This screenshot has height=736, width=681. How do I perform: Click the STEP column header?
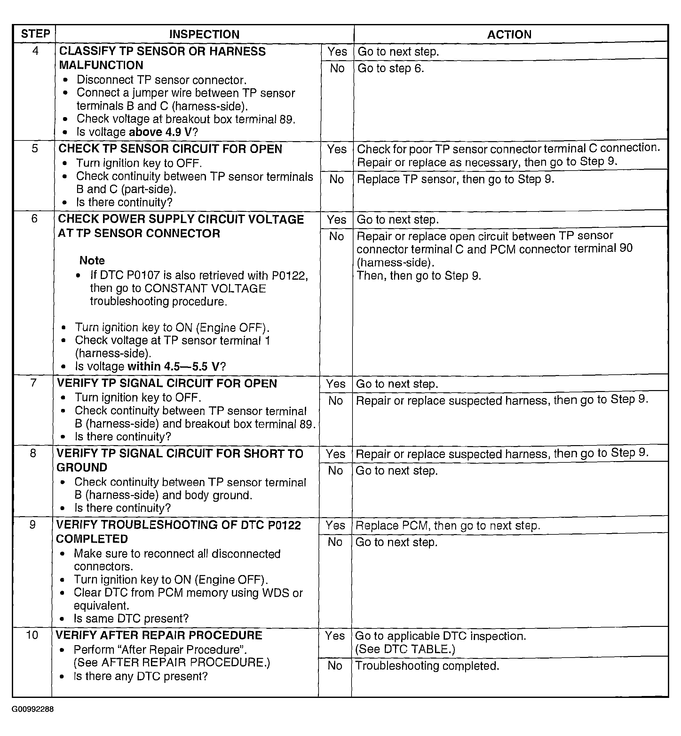(36, 34)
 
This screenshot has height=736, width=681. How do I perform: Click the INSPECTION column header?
(204, 34)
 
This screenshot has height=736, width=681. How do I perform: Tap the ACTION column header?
(509, 35)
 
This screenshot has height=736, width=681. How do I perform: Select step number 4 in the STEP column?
(36, 51)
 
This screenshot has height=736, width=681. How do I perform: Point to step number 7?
(34, 383)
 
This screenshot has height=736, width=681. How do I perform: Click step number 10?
(32, 635)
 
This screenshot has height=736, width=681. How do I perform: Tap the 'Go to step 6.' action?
(391, 68)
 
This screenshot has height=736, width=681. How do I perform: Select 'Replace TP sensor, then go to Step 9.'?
(455, 179)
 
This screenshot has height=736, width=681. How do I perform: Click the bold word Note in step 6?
(92, 260)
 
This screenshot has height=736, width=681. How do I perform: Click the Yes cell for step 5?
(337, 149)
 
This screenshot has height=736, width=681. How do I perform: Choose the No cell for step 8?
(335, 470)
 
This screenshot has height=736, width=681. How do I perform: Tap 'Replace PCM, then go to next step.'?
(448, 525)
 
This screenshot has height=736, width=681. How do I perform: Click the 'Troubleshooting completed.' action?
(427, 666)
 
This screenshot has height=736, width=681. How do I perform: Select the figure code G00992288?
(33, 709)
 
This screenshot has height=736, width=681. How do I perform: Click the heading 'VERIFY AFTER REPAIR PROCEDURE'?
(159, 635)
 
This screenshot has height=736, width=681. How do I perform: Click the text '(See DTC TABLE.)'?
(405, 649)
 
